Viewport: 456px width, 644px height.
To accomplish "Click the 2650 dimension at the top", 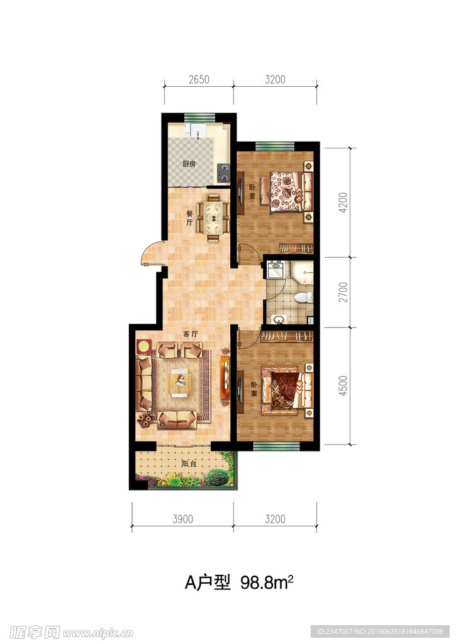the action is (x=199, y=79).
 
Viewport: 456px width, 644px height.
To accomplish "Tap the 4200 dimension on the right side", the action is (x=343, y=203).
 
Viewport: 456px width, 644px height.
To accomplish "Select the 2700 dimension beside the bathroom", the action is (x=343, y=292).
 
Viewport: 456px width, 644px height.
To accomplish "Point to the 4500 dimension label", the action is (x=343, y=386).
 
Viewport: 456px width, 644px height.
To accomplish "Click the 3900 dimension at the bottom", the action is (x=183, y=519).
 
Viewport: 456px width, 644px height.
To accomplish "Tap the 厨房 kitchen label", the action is (x=189, y=164).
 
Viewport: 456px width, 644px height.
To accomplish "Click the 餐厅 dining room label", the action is (x=189, y=218).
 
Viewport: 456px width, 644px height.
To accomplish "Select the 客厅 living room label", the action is (x=190, y=334).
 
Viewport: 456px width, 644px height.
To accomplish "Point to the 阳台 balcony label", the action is (x=189, y=464).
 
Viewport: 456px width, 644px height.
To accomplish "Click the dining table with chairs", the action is (x=213, y=217).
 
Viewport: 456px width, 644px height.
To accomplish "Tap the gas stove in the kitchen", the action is (x=224, y=173).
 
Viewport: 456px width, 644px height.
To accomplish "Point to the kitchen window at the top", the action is (x=199, y=117).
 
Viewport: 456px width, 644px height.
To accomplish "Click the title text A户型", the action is (x=208, y=582).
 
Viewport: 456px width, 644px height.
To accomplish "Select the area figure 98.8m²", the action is (x=267, y=582).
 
